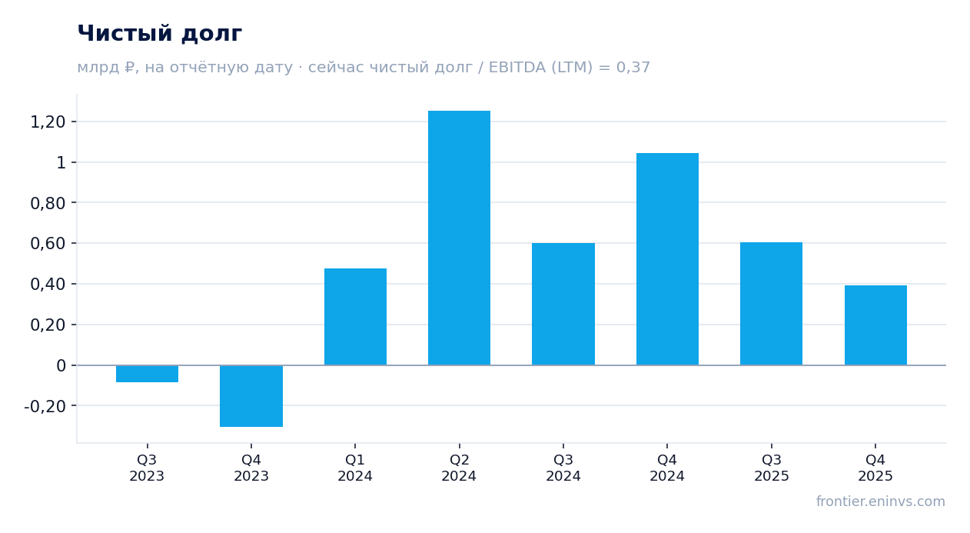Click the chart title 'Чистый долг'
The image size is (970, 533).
(x=159, y=34)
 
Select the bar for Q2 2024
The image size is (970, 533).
(x=459, y=238)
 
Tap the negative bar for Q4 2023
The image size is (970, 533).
(x=251, y=396)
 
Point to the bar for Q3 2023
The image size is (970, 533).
(x=148, y=374)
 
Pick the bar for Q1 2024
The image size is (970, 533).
(x=355, y=317)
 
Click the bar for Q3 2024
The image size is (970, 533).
(x=563, y=305)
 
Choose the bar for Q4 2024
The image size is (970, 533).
(x=667, y=259)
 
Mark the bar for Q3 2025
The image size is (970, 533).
(x=771, y=304)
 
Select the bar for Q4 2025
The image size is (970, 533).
(x=875, y=325)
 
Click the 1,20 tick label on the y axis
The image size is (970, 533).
(x=48, y=122)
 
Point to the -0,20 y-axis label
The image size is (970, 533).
(x=45, y=406)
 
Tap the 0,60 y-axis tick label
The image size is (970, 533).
(x=48, y=244)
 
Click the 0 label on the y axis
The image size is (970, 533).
(x=61, y=366)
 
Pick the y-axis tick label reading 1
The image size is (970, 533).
(x=61, y=163)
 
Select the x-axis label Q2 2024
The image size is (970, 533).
(x=459, y=468)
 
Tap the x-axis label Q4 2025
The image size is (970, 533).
(x=875, y=468)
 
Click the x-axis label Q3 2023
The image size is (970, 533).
(x=148, y=468)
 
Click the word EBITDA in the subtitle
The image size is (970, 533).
(x=517, y=67)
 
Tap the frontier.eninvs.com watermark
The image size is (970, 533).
(x=881, y=501)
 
